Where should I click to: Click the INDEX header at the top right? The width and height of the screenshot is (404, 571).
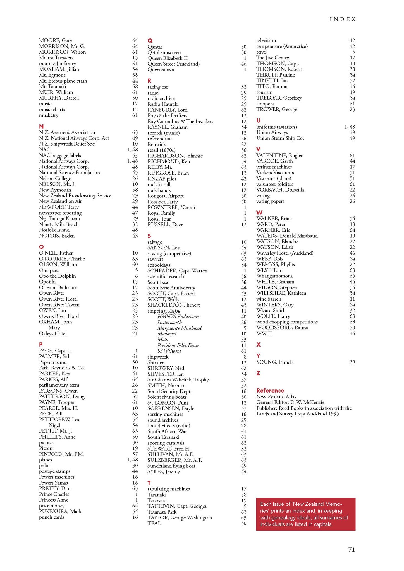(x=343, y=19)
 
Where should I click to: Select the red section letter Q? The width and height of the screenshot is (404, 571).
(x=150, y=41)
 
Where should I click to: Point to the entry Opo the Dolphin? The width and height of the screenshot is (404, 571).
(x=57, y=276)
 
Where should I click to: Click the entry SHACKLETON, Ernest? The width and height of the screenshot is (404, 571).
(x=173, y=305)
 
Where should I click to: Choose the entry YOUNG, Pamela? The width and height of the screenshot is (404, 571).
(x=275, y=362)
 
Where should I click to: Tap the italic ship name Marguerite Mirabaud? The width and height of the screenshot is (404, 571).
(x=179, y=328)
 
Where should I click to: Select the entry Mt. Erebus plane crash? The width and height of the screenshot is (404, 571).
(x=63, y=81)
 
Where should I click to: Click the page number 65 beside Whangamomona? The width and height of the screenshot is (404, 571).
(x=352, y=276)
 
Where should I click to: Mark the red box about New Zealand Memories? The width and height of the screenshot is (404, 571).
(x=305, y=514)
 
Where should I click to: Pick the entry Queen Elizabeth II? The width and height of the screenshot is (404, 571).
(x=168, y=58)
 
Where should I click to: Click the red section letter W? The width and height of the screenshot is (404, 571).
(x=259, y=212)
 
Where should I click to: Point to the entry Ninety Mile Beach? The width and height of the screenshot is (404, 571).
(x=59, y=224)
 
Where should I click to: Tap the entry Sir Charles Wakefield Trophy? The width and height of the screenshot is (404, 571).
(x=178, y=380)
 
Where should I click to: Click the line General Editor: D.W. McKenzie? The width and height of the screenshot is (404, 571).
(x=290, y=402)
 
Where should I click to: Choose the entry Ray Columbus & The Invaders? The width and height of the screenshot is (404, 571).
(x=180, y=121)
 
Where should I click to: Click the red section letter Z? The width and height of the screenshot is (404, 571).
(x=258, y=373)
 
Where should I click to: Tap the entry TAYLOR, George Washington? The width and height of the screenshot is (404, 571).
(x=180, y=517)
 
